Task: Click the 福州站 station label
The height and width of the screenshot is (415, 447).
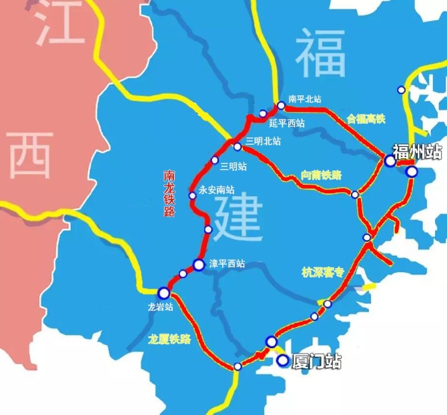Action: pyautogui.click(x=417, y=151)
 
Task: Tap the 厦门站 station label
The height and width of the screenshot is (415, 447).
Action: pyautogui.click(x=317, y=362)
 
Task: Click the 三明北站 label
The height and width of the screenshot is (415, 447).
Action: pyautogui.click(x=262, y=141)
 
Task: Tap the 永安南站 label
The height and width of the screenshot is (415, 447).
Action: pyautogui.click(x=217, y=189)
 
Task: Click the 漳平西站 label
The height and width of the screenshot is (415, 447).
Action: pyautogui.click(x=228, y=264)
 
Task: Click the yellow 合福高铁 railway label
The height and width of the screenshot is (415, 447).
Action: pyautogui.click(x=366, y=118)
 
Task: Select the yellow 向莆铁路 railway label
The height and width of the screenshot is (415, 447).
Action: pyautogui.click(x=321, y=175)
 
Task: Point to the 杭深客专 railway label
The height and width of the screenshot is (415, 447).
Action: pyautogui.click(x=322, y=272)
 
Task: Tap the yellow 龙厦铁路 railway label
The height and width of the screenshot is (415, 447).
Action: pyautogui.click(x=169, y=339)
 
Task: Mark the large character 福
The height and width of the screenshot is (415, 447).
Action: pyautogui.click(x=321, y=53)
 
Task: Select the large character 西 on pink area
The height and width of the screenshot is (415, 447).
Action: pyautogui.click(x=30, y=153)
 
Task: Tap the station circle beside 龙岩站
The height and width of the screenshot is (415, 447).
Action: pyautogui.click(x=163, y=292)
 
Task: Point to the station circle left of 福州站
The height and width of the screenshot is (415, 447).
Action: pyautogui.click(x=390, y=160)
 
